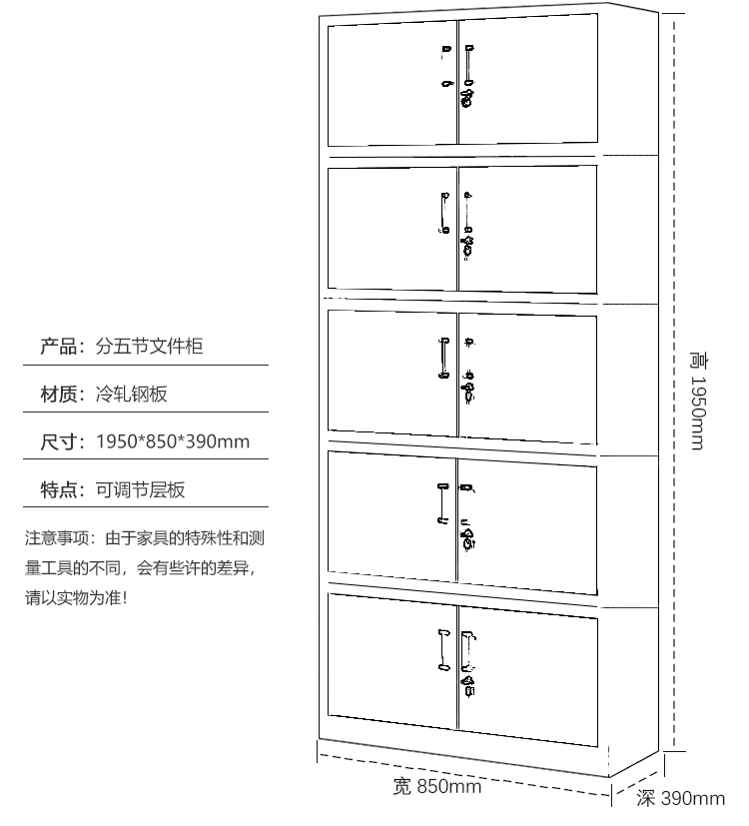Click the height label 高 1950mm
(698, 402)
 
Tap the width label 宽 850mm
(437, 786)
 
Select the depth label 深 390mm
(680, 799)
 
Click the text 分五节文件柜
(149, 347)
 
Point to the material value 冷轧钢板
(131, 394)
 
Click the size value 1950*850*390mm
(173, 441)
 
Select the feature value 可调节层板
(140, 490)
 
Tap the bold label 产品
(58, 347)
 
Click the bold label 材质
(58, 394)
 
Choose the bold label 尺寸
(58, 441)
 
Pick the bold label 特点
(58, 490)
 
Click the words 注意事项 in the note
(57, 538)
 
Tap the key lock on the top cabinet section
(466, 99)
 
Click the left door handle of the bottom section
(444, 650)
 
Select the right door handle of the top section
(468, 65)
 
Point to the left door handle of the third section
(444, 359)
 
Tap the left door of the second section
(392, 228)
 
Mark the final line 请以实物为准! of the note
(76, 598)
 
